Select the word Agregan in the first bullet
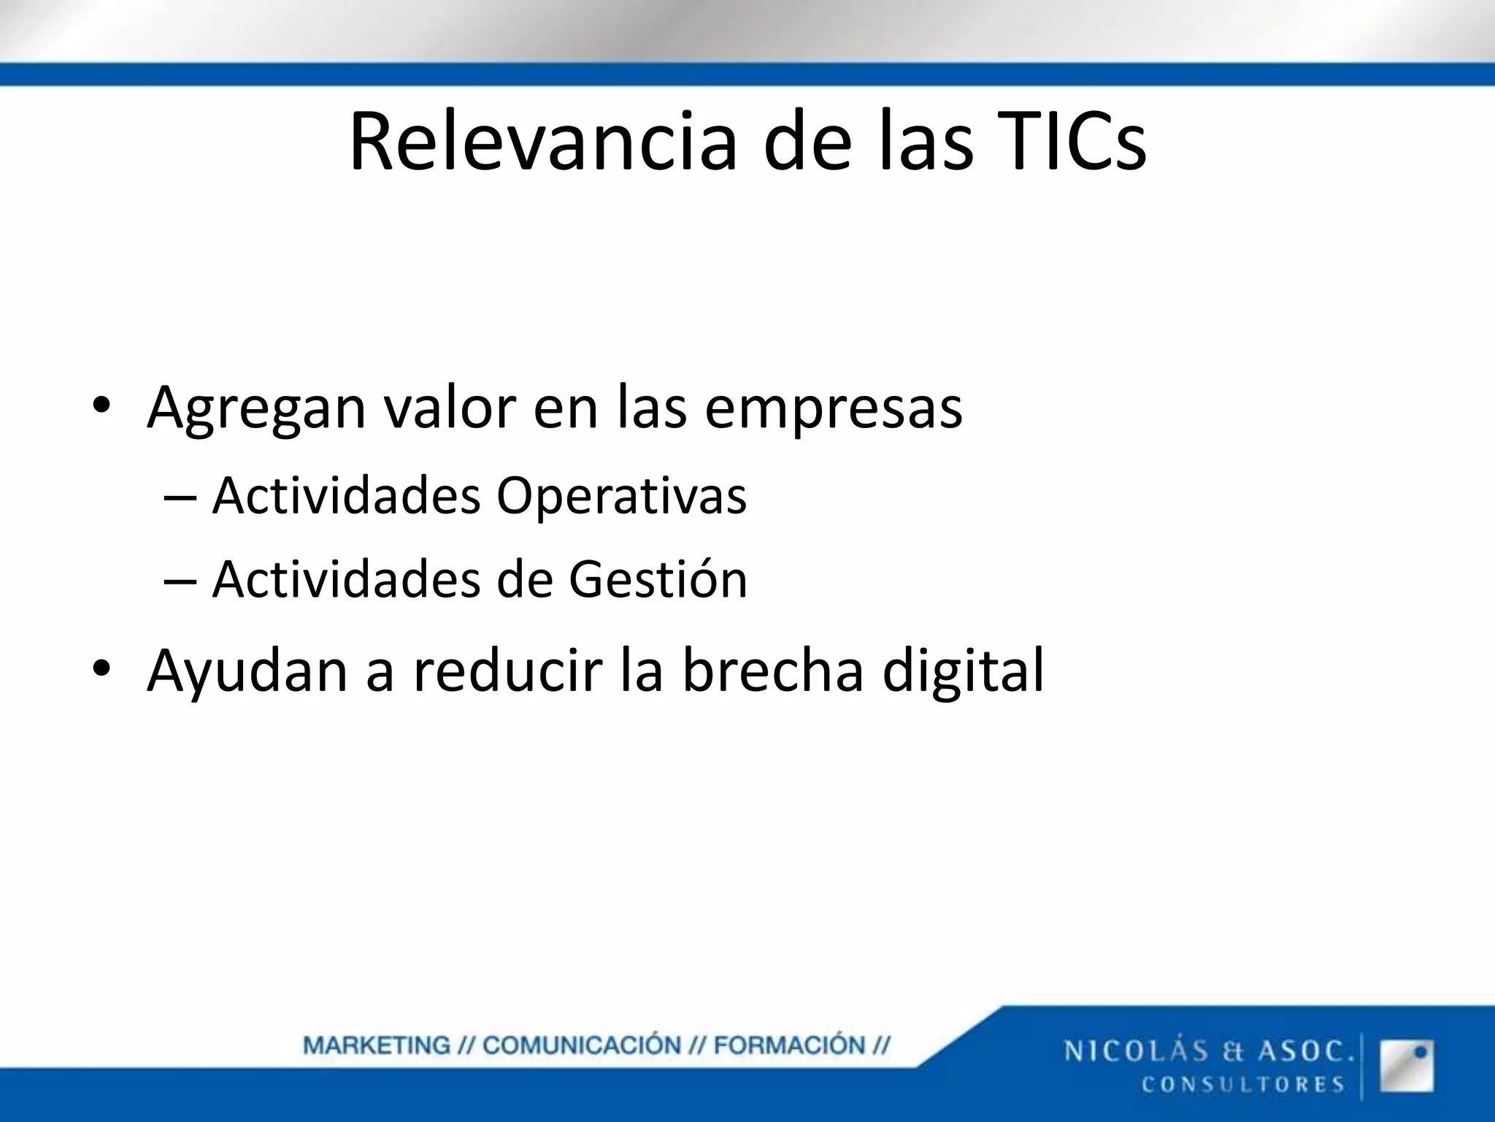click(x=256, y=408)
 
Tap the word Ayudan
click(x=247, y=671)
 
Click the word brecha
click(x=772, y=671)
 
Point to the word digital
click(x=963, y=671)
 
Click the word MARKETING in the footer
click(x=377, y=1046)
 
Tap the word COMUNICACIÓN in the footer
click(x=581, y=1046)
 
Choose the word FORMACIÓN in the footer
click(x=788, y=1046)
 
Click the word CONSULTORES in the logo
click(x=1242, y=1085)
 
